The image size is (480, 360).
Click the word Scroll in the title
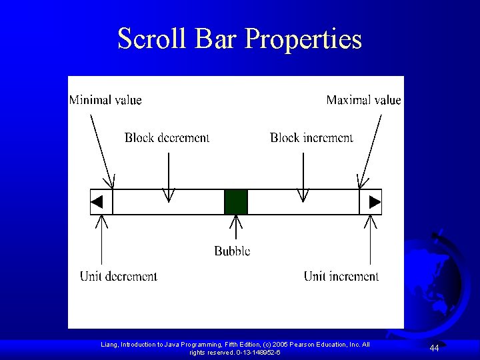153,39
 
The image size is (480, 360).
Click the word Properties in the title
303,40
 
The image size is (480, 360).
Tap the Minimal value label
105,100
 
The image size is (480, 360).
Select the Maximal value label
363,100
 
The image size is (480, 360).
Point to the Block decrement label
167,138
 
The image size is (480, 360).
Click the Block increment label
311,138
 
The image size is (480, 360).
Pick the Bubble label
232,251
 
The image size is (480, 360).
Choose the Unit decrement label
119,276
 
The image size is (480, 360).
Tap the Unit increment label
341,276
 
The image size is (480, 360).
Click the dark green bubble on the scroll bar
235,201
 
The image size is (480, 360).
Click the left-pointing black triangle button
97,201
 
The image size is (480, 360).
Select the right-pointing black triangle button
375,201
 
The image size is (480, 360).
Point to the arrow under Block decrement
169,177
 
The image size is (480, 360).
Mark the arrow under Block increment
303,177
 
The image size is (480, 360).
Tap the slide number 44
434,348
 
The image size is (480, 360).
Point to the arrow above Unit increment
371,240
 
